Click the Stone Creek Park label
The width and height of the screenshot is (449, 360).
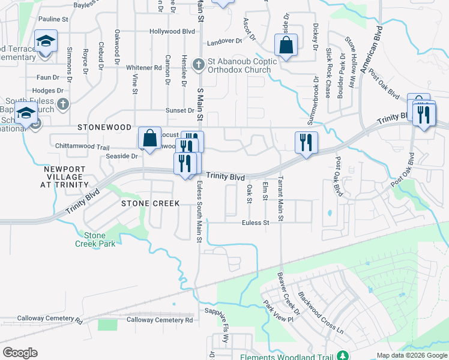(95, 239)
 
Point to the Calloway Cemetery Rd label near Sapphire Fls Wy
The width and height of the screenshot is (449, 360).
(160, 320)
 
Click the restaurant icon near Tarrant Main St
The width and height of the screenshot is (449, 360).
(306, 143)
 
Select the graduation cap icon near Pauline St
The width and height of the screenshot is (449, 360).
(46, 41)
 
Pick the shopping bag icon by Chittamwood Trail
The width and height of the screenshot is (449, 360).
(149, 138)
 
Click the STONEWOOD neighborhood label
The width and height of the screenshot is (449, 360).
(104, 128)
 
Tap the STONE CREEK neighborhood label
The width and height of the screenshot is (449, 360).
(151, 203)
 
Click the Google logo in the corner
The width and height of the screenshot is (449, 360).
(20, 353)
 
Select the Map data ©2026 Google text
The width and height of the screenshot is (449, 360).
(411, 355)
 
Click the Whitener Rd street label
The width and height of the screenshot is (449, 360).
(144, 68)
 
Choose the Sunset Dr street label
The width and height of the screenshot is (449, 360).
(181, 110)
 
